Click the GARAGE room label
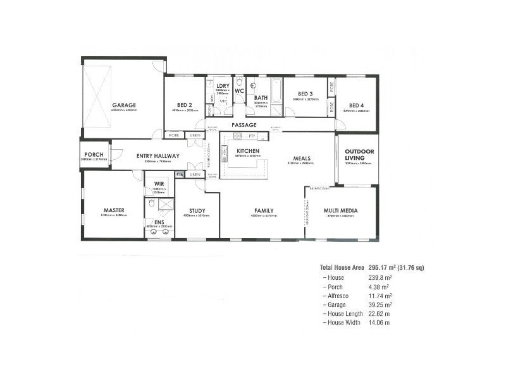125,105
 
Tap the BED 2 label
184,105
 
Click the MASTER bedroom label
113,210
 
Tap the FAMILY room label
264,210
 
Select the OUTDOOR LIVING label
359,154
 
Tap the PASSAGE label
244,125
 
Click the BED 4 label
357,105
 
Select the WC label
239,91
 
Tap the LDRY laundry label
223,85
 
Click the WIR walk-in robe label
159,184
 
